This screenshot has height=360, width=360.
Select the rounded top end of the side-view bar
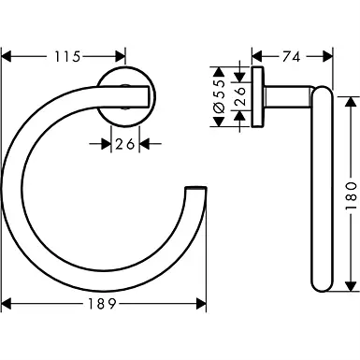pyautogui.click(x=318, y=91)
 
